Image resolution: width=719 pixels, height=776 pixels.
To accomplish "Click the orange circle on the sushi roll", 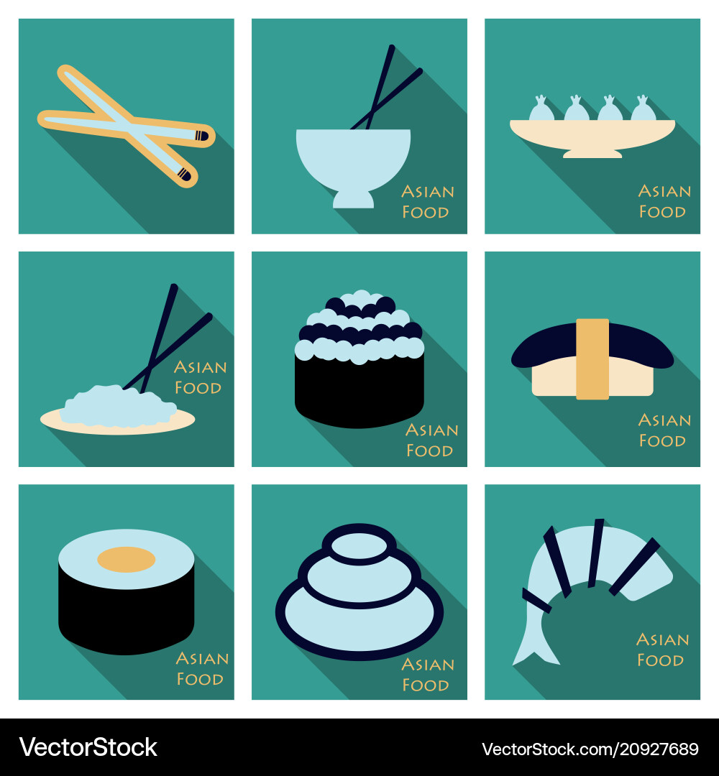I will tap(126, 559).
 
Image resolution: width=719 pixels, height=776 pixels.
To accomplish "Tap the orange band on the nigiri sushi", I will tap(592, 359).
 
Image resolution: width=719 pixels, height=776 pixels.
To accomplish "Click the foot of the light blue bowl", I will tap(353, 199).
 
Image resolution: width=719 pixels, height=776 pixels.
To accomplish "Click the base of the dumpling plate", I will tap(592, 153).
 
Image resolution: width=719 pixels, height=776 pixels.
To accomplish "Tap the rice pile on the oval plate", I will tap(119, 405).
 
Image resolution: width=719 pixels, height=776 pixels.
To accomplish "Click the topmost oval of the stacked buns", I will tap(358, 540).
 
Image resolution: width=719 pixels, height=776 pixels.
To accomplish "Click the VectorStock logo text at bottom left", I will tap(88, 747).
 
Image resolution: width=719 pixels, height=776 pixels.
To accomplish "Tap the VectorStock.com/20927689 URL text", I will tap(590, 749).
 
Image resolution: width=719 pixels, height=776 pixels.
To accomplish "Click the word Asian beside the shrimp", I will tap(663, 639).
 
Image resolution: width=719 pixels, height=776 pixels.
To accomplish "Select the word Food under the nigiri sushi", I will tap(662, 440).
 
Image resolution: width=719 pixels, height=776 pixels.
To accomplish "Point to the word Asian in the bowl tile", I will tap(428, 192).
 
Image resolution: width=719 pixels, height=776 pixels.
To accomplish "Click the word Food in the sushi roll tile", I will tap(200, 679).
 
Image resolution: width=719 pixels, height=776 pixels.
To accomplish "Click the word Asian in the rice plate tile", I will tap(201, 367).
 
